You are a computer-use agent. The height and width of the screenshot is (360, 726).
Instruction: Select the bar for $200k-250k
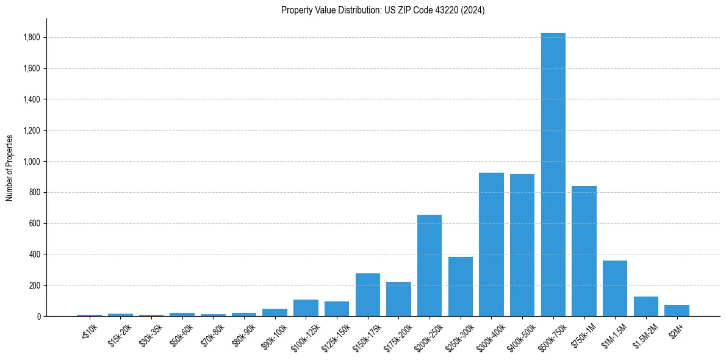coord(429,265)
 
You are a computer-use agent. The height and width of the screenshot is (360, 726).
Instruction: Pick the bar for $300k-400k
coord(491,244)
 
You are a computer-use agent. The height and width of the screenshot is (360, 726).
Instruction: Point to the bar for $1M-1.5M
coord(615,288)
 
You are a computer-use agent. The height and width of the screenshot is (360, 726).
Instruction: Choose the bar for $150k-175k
coord(368,295)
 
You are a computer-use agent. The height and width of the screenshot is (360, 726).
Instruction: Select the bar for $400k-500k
coord(522,245)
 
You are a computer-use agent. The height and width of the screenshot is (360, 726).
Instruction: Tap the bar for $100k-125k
coord(306,308)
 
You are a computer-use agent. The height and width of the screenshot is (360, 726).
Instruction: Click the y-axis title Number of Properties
coord(9,167)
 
